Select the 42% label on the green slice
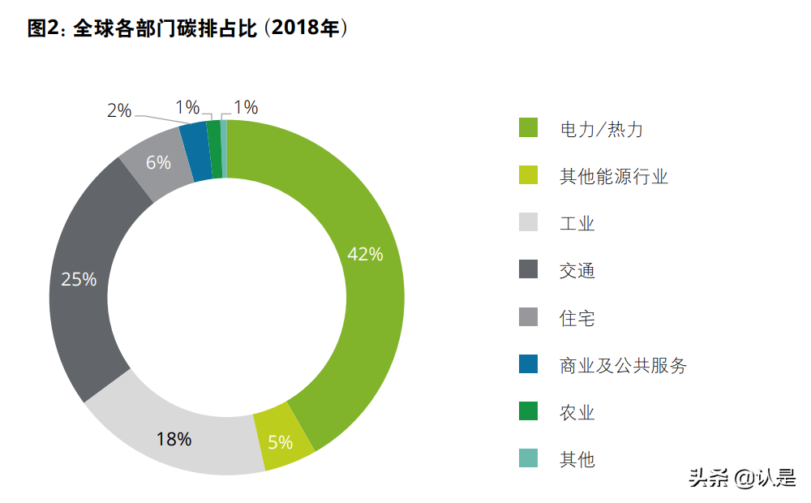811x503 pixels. [364, 254]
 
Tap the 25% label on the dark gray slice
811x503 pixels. [79, 280]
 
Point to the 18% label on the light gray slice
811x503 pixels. [174, 439]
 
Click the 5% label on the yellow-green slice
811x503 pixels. [280, 442]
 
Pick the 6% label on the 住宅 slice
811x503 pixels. [158, 162]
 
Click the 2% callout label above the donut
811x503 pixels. [119, 111]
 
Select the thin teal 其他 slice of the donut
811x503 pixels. [224, 148]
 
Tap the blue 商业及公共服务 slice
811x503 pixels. [195, 152]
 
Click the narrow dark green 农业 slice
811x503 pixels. [214, 149]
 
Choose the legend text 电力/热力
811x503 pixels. [601, 129]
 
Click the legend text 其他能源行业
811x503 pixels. [613, 176]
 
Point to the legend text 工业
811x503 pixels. [577, 223]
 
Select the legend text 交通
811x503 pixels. [577, 270]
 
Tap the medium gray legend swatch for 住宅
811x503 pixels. [528, 317]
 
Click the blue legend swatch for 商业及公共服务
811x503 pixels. [528, 364]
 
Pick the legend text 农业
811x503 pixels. [577, 412]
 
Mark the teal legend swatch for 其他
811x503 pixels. [528, 459]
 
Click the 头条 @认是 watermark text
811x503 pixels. [742, 479]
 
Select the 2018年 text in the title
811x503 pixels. [307, 28]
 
